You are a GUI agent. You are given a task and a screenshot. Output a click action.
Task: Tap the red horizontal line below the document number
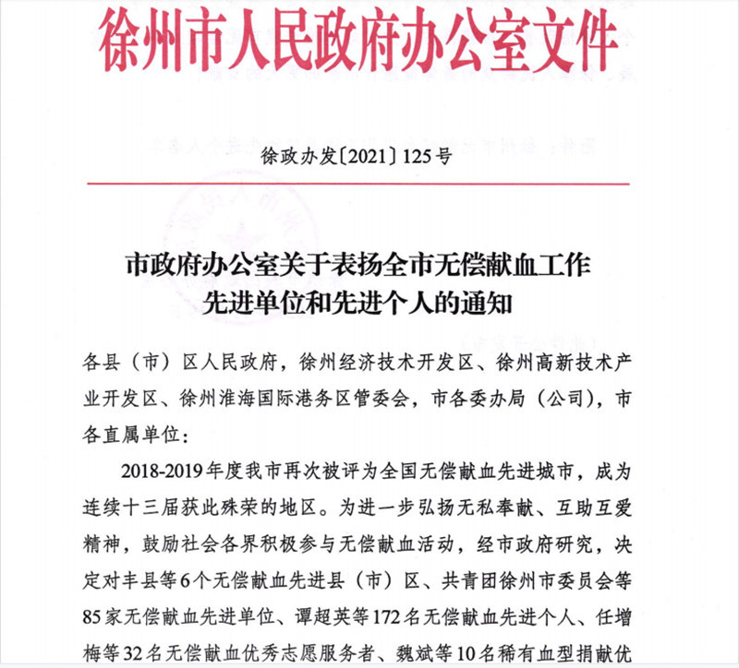(369, 185)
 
